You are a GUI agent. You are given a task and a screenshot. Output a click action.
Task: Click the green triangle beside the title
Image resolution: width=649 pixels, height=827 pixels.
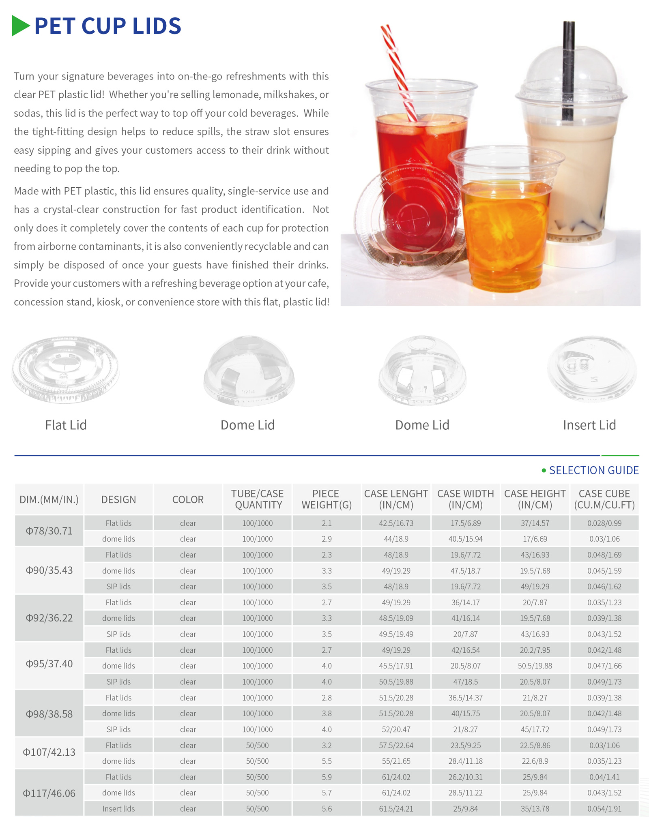(x=20, y=26)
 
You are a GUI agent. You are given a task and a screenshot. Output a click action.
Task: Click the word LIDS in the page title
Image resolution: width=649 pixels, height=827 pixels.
(x=157, y=26)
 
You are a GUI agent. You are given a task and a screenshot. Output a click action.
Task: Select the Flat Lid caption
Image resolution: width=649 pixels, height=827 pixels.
(x=66, y=425)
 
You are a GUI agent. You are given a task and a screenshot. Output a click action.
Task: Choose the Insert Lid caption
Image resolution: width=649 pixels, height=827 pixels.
(x=589, y=425)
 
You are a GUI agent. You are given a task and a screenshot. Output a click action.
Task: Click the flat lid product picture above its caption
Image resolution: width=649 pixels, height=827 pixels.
(x=65, y=369)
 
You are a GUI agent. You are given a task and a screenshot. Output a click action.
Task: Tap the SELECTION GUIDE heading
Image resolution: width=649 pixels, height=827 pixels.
(x=593, y=470)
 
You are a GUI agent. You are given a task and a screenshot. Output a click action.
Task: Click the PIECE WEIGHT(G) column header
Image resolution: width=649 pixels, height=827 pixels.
(x=326, y=499)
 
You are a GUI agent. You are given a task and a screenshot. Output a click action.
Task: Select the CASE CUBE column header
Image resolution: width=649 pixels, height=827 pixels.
(x=604, y=499)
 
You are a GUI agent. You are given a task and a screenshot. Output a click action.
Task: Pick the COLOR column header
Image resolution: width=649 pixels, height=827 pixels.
(x=188, y=499)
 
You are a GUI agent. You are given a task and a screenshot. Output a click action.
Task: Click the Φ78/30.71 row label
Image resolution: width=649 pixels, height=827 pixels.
(x=49, y=531)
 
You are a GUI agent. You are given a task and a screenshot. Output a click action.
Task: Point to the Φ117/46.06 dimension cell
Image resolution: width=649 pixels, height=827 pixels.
(x=49, y=793)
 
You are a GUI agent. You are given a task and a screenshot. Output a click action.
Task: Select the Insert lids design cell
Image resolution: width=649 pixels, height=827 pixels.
(x=118, y=809)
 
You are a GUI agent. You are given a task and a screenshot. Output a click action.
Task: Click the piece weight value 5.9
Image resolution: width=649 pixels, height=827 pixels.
(x=327, y=777)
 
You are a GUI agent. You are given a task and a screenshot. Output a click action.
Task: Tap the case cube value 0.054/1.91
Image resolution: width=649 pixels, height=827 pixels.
(x=604, y=809)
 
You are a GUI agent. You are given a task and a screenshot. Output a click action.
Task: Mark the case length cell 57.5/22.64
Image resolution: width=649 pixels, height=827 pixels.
(x=396, y=745)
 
